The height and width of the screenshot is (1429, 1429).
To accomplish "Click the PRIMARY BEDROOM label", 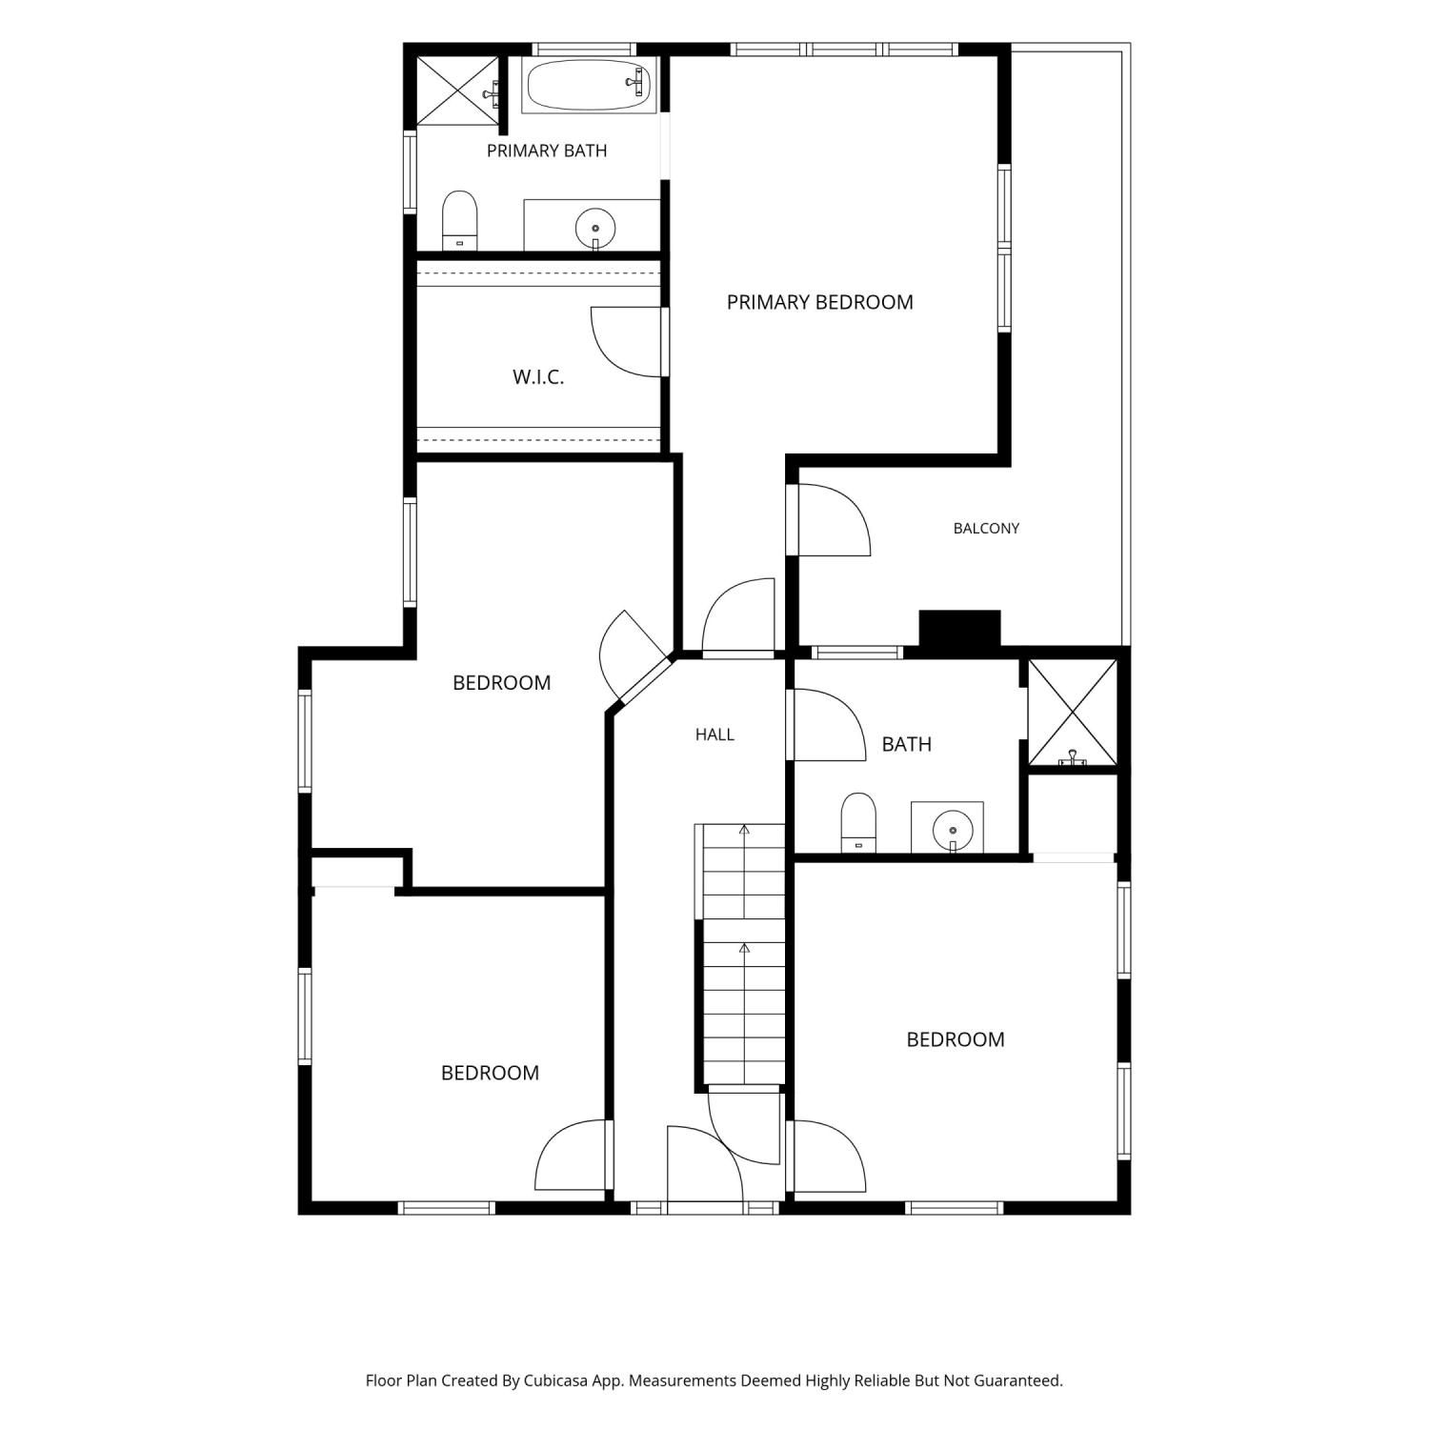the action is tap(819, 302).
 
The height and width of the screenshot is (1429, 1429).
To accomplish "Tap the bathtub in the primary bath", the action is tap(589, 86).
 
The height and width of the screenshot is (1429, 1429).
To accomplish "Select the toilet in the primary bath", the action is tap(460, 221).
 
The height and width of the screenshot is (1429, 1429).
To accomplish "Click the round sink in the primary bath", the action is tap(595, 229).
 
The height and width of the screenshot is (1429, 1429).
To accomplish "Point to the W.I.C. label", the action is tap(538, 377).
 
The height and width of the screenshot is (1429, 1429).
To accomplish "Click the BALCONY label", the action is tap(986, 528).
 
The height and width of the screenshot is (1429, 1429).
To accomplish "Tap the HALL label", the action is tap(714, 735).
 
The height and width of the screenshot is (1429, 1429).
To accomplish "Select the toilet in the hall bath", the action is tap(858, 822).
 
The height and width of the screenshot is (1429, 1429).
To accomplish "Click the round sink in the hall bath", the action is tap(951, 827).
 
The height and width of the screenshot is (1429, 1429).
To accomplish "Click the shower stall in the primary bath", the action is tap(458, 91).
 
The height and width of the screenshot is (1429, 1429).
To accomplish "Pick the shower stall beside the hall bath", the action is tap(1073, 713).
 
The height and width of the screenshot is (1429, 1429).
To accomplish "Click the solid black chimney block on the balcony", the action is tap(959, 630).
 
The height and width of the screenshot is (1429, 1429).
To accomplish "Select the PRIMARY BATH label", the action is tap(547, 151).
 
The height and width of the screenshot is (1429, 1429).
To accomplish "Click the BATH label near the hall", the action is tap(906, 744).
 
